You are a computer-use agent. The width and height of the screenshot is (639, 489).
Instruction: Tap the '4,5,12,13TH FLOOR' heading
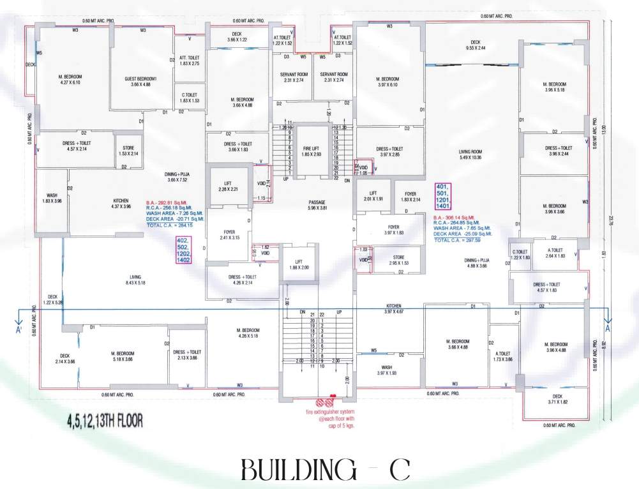pyautogui.click(x=103, y=421)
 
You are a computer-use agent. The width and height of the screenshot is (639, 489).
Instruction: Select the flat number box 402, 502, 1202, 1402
pyautogui.click(x=184, y=250)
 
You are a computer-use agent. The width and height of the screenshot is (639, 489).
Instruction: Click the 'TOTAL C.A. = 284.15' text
pyautogui.click(x=169, y=225)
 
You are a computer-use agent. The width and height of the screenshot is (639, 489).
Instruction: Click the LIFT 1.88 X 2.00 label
pyautogui.click(x=297, y=264)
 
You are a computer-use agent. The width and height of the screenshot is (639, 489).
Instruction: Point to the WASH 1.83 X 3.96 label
pyautogui.click(x=53, y=199)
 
